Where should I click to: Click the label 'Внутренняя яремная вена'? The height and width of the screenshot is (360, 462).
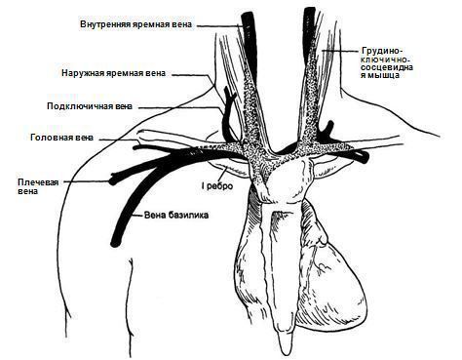click(135, 24)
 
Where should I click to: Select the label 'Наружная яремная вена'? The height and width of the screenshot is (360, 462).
click(113, 73)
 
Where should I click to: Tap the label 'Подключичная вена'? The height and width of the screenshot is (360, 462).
click(90, 106)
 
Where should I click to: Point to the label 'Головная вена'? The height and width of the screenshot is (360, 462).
click(61, 138)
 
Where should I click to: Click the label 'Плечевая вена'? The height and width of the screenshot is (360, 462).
click(38, 186)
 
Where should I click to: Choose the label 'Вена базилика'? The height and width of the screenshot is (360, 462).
click(176, 215)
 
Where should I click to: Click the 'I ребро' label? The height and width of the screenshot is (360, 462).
click(217, 186)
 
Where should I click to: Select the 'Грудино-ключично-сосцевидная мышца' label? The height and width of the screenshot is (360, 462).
click(387, 63)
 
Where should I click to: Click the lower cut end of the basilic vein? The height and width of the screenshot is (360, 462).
click(115, 243)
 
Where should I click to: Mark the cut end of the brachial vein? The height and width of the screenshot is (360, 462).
click(113, 179)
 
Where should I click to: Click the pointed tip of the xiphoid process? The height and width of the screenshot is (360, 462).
click(286, 354)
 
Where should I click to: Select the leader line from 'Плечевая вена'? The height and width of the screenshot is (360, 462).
click(87, 181)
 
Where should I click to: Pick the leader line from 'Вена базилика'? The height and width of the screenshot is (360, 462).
click(138, 215)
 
